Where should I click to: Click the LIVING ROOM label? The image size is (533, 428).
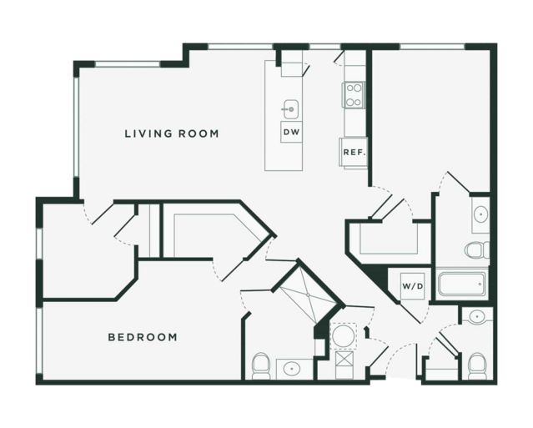(x=172, y=133)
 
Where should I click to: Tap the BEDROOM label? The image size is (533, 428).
(x=143, y=337)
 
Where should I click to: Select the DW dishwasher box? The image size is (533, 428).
(x=292, y=132)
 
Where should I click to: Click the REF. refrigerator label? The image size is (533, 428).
(x=354, y=153)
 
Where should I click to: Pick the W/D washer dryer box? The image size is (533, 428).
(x=413, y=286)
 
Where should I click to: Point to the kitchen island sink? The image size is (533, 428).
(x=291, y=109)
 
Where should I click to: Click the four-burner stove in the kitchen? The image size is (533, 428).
(x=354, y=95)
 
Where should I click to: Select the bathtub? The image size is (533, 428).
(x=462, y=284)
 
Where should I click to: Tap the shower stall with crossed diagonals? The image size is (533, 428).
(x=309, y=295)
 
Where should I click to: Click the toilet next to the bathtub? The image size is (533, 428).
(x=476, y=249)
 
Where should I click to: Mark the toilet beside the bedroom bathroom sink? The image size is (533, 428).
(x=261, y=366)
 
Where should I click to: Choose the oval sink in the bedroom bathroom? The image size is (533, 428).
(x=291, y=369)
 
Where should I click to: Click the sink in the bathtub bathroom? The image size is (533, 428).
(x=480, y=214)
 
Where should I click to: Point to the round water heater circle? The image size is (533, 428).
(x=344, y=335)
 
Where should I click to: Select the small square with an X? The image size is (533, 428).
(x=344, y=359)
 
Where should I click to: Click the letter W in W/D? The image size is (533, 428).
(x=406, y=286)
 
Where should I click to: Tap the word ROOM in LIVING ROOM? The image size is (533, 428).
(x=199, y=133)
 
